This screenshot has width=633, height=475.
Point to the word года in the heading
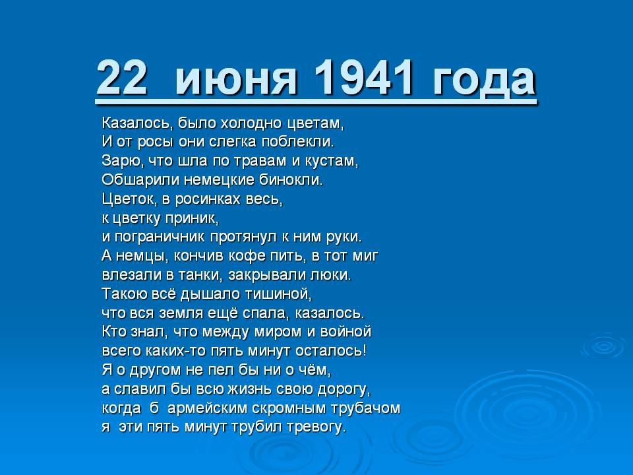[x=485, y=80]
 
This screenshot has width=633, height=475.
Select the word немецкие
[x=219, y=179]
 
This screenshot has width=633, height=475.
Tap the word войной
[x=346, y=332]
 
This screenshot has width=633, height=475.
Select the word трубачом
[x=366, y=408]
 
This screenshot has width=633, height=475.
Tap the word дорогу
[x=344, y=389]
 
